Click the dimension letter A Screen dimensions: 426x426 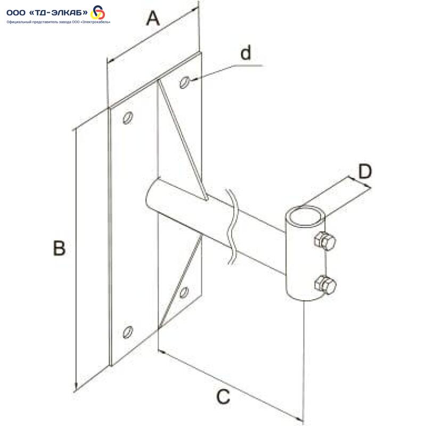pos(153,19)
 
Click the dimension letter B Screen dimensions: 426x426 pos(59,248)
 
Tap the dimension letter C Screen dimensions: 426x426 pos(223,396)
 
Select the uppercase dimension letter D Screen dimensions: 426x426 pos(365,171)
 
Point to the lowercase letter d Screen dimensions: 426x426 pos(246,53)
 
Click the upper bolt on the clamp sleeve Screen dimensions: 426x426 pos(325,241)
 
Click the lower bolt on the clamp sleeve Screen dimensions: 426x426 pos(325,284)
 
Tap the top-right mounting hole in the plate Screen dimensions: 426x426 pos(184,83)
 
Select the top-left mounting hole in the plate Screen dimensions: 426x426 pos(128,118)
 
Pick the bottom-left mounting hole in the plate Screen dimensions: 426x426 pos(128,332)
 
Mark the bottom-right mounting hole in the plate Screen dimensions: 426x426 pos(184,292)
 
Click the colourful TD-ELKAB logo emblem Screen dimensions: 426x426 pos(97,12)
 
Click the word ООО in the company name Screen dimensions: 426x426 pos(16,12)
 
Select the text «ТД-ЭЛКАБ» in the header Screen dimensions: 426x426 pos(58,12)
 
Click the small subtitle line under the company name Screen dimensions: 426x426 pos(59,22)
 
